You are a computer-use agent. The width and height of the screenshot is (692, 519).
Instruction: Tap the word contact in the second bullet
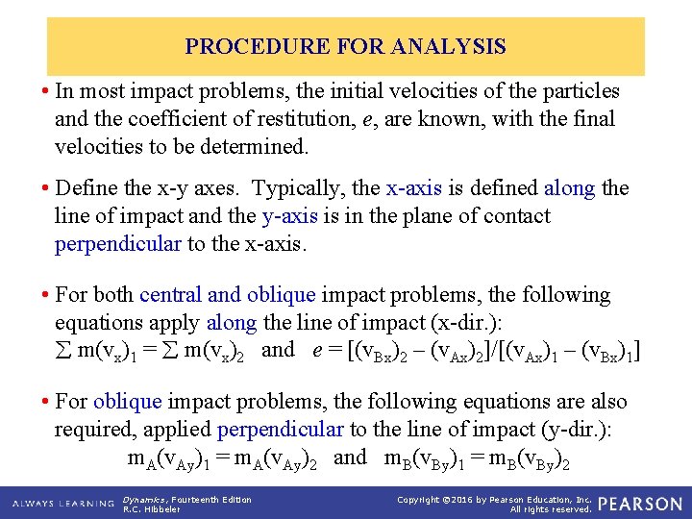click(x=514, y=215)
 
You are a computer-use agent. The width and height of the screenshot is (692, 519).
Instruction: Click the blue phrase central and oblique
click(x=228, y=295)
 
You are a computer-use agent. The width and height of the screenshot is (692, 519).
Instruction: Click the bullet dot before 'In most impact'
click(x=46, y=92)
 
